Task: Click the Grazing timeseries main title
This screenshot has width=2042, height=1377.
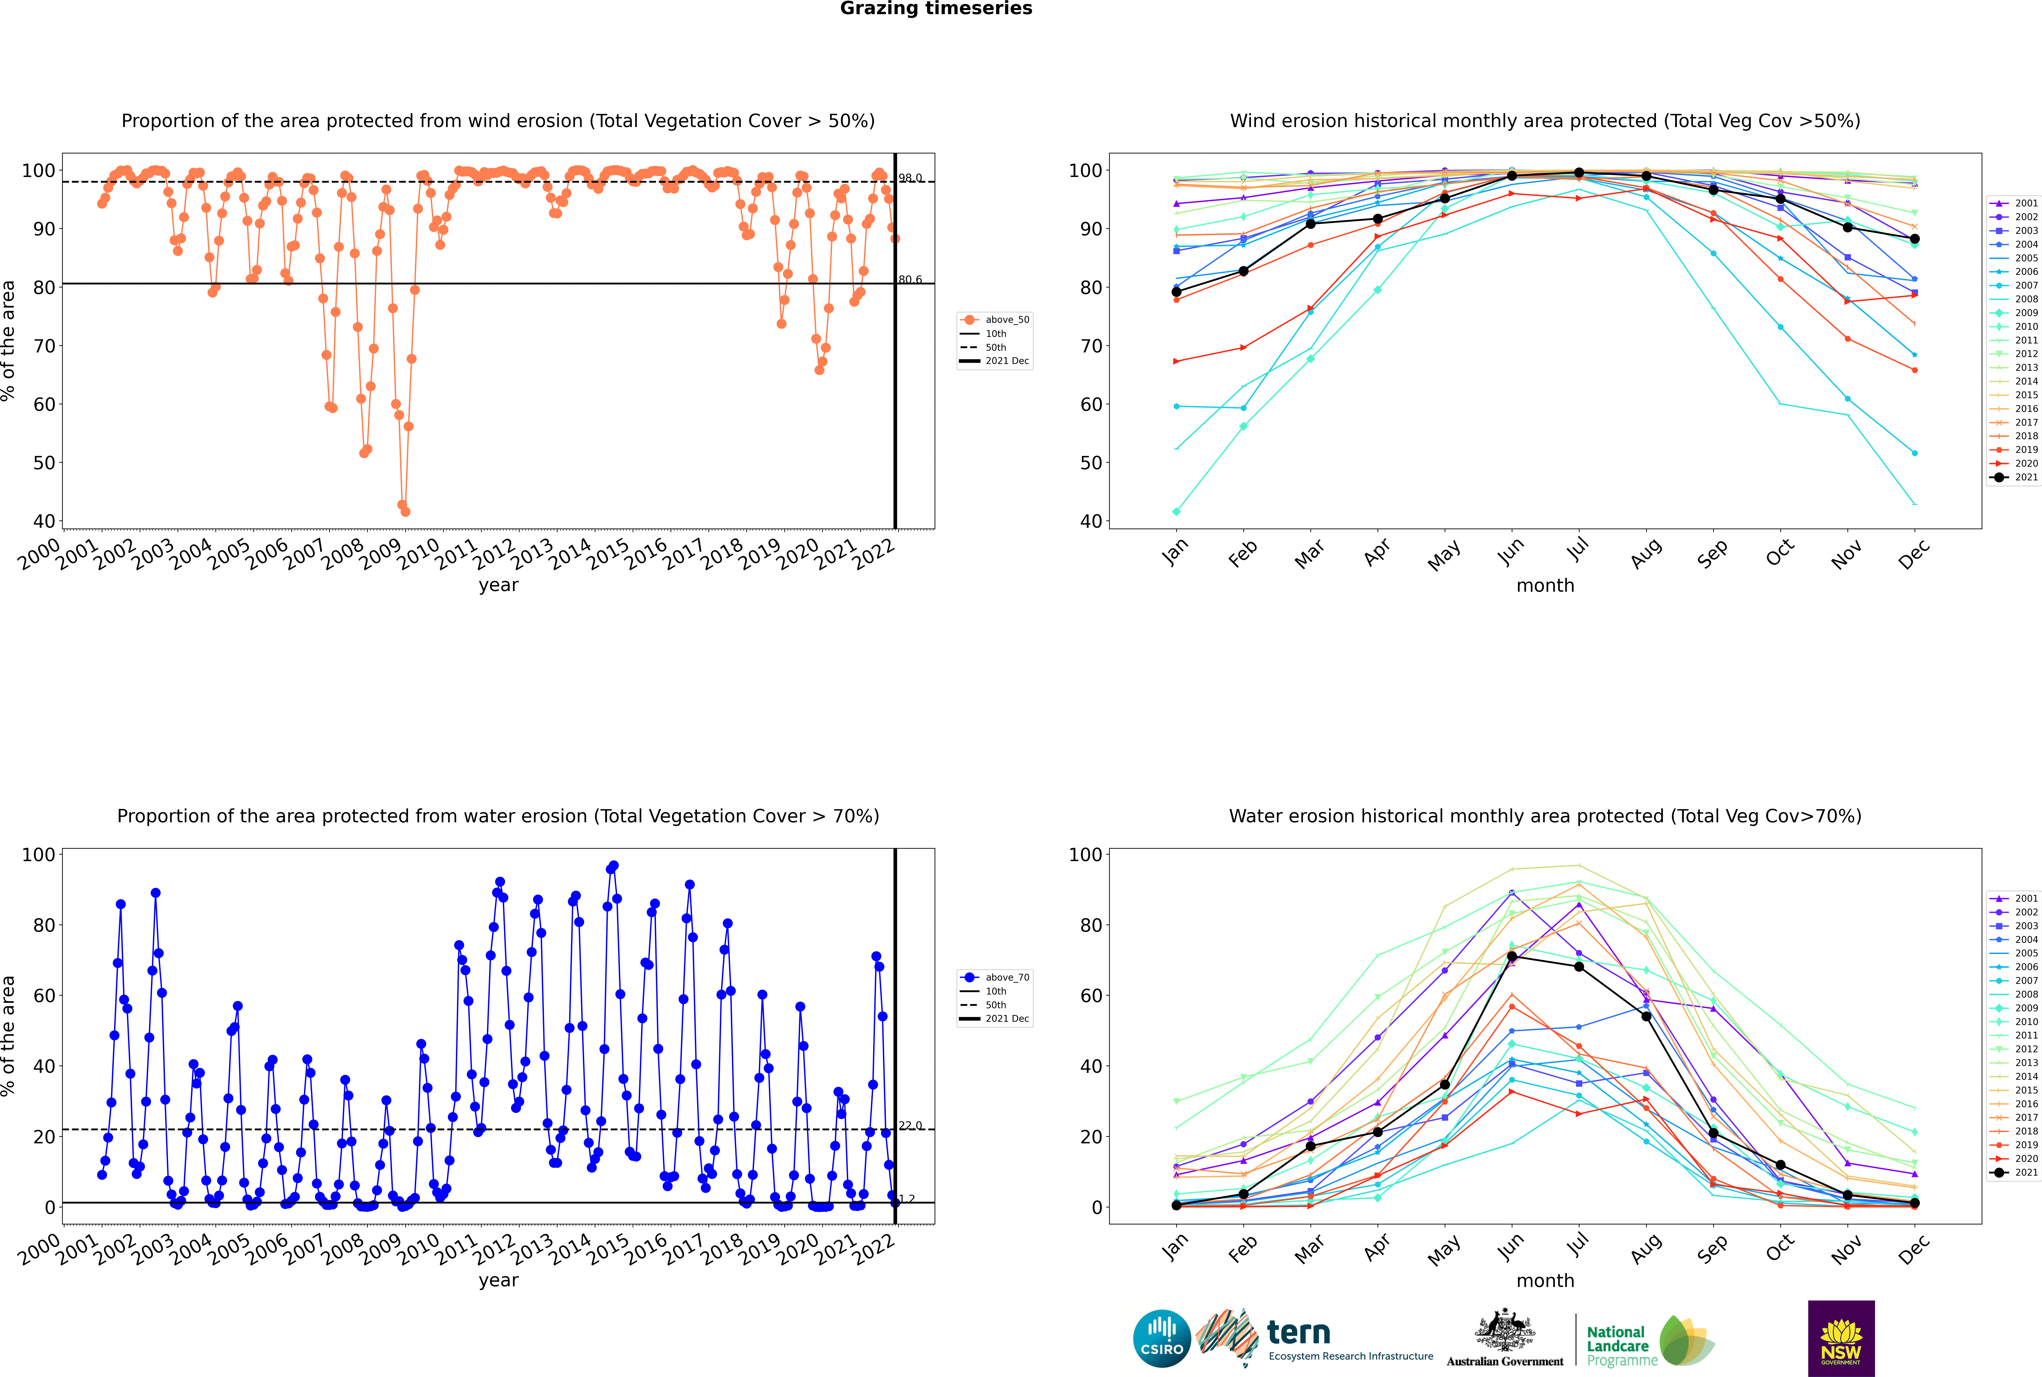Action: [x=936, y=9]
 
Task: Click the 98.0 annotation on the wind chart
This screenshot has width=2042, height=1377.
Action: [x=910, y=178]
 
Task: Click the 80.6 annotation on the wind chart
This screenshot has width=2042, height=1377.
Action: [x=910, y=280]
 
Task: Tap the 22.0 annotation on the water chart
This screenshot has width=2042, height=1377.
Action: [x=910, y=1126]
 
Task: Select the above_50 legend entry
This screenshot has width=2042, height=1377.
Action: [x=995, y=320]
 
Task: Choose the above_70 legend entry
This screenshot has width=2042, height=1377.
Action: [x=995, y=977]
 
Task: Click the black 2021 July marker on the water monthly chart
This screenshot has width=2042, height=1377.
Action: [x=1578, y=967]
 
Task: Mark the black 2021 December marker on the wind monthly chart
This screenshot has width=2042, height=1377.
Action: [x=1915, y=239]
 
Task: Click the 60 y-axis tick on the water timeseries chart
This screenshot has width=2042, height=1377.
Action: [x=44, y=996]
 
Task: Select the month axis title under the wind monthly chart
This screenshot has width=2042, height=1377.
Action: [x=1545, y=586]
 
